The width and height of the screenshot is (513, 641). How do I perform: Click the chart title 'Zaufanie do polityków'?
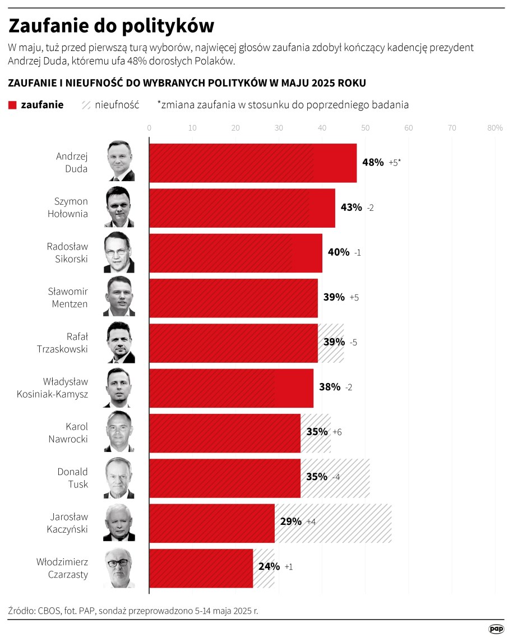[111, 26]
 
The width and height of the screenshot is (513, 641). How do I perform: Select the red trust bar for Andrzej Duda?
[252, 163]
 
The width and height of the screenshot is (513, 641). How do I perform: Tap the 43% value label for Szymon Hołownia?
[351, 207]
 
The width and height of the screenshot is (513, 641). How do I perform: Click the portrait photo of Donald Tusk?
[119, 478]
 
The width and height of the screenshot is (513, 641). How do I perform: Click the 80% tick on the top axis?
[494, 128]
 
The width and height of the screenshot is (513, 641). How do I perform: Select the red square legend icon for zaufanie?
[13, 105]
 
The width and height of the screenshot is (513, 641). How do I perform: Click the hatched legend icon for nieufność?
[86, 105]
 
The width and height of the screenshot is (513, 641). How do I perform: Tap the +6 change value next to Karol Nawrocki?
[337, 432]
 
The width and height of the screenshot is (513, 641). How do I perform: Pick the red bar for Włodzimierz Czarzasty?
[201, 568]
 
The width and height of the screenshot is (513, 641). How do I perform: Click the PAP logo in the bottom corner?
[496, 629]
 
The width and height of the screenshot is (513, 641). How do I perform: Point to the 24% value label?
[269, 567]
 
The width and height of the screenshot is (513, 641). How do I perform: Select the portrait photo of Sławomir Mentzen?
[119, 297]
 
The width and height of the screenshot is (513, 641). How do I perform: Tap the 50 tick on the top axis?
[365, 128]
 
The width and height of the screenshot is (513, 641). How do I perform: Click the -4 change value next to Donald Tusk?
[336, 477]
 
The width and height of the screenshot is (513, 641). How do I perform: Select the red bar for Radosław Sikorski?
[235, 252]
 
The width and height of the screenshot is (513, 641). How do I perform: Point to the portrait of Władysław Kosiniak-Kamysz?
[119, 388]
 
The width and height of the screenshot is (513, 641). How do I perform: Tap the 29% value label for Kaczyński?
[291, 522]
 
